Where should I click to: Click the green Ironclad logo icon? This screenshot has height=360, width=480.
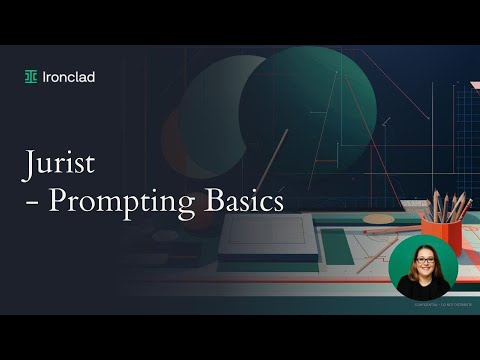click(x=32, y=77)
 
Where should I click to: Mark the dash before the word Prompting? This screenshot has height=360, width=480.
click(x=32, y=202)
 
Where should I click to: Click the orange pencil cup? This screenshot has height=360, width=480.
click(x=441, y=235)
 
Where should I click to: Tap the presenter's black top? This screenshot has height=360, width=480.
click(x=423, y=289)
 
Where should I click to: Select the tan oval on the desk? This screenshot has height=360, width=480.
click(x=377, y=218)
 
